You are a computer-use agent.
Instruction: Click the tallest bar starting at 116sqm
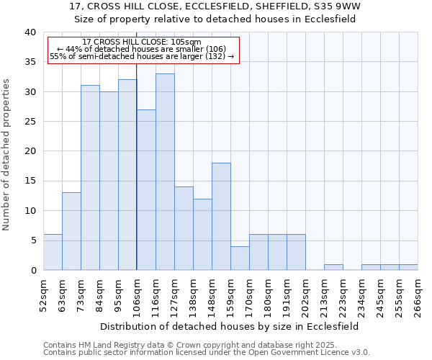(165, 172)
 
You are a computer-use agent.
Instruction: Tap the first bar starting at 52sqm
(53, 252)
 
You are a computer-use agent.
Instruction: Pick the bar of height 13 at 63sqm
(71, 231)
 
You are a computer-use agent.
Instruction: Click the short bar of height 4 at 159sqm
(240, 258)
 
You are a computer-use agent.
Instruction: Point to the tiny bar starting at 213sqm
(333, 267)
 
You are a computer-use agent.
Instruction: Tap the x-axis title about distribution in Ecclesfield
(229, 326)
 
